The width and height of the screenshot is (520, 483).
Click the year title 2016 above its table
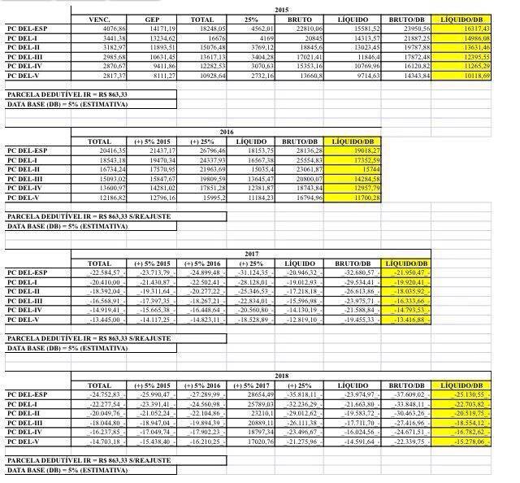[227, 131]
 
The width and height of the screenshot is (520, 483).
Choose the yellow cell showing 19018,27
[350, 150]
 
